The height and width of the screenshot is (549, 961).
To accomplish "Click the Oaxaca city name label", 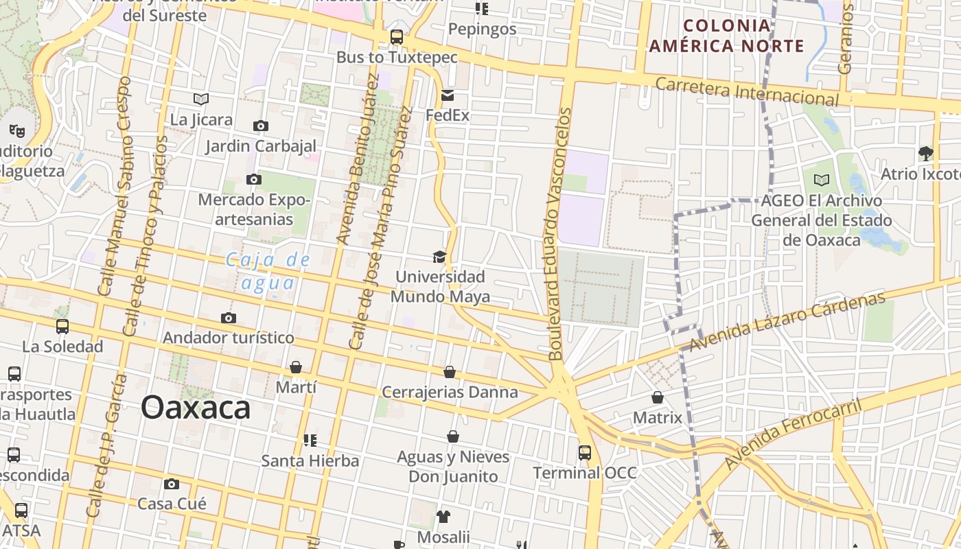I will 196,408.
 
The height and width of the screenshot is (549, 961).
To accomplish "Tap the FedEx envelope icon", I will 448,95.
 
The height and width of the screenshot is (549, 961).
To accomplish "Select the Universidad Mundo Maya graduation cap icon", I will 439,257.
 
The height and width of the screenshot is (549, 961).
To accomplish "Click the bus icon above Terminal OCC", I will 584,453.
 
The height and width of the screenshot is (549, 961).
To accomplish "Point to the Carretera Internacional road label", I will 747,91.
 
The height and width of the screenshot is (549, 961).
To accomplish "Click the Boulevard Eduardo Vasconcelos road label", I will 559,234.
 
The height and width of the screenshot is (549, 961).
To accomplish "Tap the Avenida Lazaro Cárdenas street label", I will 787,321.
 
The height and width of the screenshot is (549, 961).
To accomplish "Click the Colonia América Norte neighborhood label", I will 727,36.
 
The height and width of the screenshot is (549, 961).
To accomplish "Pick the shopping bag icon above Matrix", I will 658,397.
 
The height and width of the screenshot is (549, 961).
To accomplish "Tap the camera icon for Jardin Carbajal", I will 261,126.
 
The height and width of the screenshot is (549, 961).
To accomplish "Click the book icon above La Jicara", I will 200,100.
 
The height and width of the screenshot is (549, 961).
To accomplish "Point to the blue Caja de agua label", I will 268,271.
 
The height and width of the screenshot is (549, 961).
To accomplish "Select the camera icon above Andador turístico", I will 229,318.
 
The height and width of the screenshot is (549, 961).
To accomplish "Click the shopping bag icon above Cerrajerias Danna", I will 450,372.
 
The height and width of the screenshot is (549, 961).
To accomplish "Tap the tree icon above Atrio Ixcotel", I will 925,153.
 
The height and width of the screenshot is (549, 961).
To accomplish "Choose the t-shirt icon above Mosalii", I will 443,517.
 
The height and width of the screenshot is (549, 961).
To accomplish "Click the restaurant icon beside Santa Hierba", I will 310,440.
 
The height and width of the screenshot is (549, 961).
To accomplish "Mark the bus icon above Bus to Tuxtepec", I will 397,37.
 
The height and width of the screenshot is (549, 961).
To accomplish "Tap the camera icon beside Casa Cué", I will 172,484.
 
